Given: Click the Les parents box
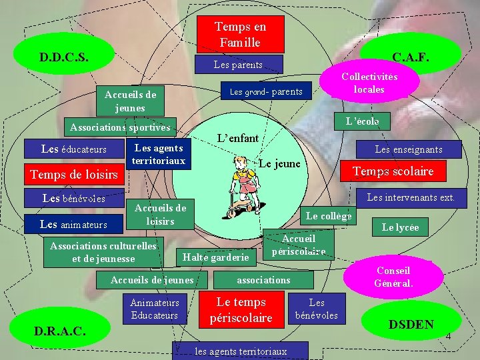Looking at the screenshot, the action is pyautogui.click(x=238, y=65).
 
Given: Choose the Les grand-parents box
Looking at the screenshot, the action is pyautogui.click(x=266, y=91).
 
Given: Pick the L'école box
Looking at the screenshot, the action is pyautogui.click(x=362, y=121).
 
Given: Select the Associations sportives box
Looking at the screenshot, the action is pyautogui.click(x=121, y=127).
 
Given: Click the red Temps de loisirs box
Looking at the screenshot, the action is pyautogui.click(x=74, y=175).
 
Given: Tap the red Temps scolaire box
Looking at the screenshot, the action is pyautogui.click(x=393, y=171).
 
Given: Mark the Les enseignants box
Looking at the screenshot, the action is pyautogui.click(x=408, y=149).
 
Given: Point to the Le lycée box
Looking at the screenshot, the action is pyautogui.click(x=400, y=227).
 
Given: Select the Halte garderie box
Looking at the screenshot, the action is pyautogui.click(x=215, y=257).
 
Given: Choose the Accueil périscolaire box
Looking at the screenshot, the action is pyautogui.click(x=299, y=245).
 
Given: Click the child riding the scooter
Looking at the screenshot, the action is pyautogui.click(x=243, y=191).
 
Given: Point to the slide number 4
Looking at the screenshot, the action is pyautogui.click(x=448, y=336).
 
